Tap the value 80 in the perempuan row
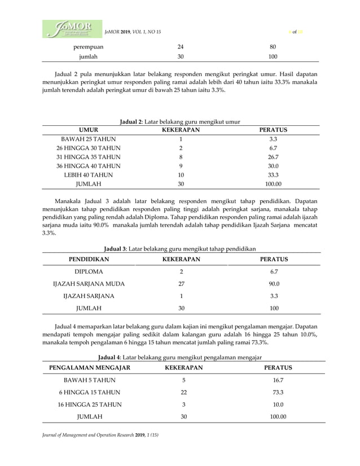(x=273, y=47)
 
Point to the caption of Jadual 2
(x=180, y=121)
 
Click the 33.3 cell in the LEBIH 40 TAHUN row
(x=273, y=175)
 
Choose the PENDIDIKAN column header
(x=89, y=260)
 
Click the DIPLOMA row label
(x=89, y=271)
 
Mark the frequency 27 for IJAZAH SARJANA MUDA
(x=181, y=284)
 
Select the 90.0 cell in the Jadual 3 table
(x=274, y=284)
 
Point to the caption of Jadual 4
(x=180, y=357)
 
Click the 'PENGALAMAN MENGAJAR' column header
(x=90, y=368)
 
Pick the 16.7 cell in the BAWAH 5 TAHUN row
(x=278, y=380)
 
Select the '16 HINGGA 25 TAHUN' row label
(x=90, y=405)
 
